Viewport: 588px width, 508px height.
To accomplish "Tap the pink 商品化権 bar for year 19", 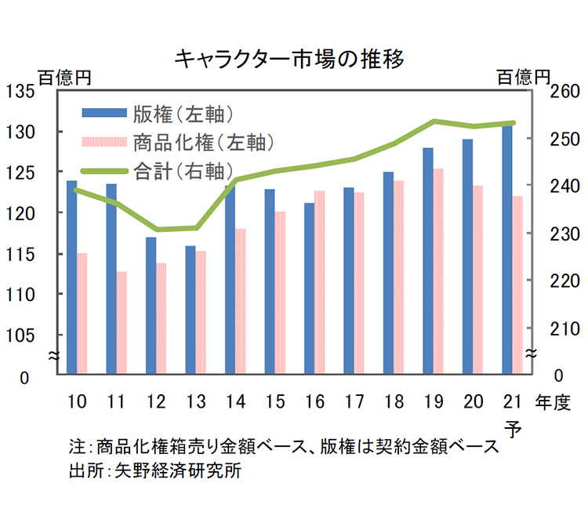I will [x=438, y=270].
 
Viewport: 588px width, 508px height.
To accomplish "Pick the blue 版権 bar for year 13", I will [x=190, y=310].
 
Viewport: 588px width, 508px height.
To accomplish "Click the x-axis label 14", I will [x=234, y=402].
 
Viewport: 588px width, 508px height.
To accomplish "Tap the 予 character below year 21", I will [x=513, y=428].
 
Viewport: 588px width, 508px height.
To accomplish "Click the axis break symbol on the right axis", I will [x=532, y=354].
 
